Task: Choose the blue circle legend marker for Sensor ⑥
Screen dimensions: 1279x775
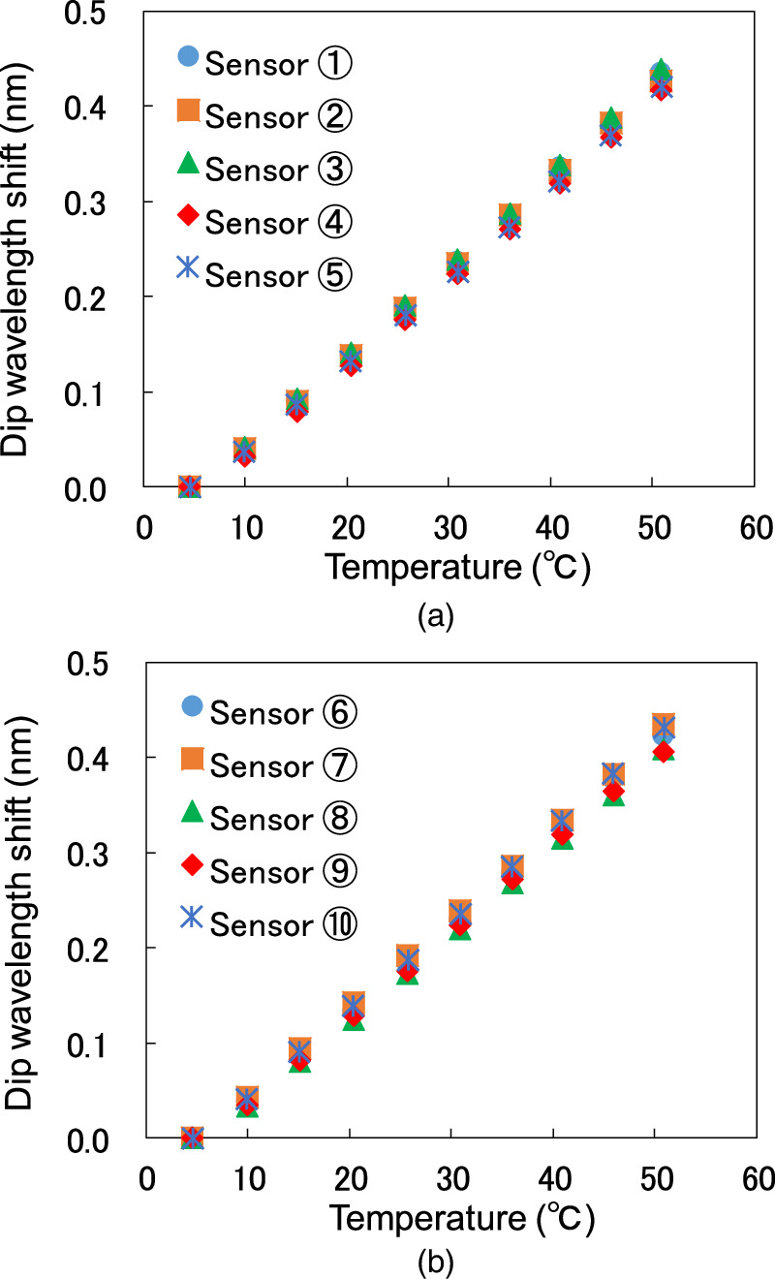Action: tap(192, 708)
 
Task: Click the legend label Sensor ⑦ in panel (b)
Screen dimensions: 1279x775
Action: tap(284, 765)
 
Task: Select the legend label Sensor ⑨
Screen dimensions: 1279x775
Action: tap(284, 870)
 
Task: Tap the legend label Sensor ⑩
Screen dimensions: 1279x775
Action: tap(284, 923)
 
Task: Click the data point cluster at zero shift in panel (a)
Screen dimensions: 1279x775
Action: tap(190, 486)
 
